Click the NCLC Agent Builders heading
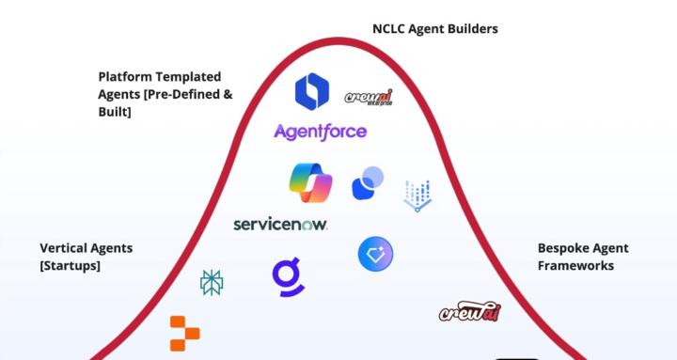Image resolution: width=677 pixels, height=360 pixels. coord(434,29)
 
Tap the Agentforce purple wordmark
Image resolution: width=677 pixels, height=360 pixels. coord(320,132)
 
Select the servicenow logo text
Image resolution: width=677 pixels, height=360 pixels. coord(280,225)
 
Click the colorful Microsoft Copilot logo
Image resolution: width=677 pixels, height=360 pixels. coord(311,182)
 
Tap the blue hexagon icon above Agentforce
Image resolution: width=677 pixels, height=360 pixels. coord(312,90)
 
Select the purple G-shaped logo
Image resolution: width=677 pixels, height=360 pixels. coord(288,274)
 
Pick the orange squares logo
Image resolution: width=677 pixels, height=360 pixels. coord(184,332)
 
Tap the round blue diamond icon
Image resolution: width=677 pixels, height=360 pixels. coord(375,254)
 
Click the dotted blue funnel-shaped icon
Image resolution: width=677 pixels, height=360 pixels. coord(417,196)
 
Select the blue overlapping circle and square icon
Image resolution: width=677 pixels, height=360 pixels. coord(368,182)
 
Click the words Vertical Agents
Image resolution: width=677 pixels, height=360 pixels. coord(86,248)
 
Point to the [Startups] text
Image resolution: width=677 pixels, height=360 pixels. coord(70,266)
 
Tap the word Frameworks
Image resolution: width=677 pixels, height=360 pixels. coord(575,266)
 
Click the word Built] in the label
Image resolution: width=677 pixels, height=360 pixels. coord(114,112)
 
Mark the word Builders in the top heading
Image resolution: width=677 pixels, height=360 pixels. coord(471,29)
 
